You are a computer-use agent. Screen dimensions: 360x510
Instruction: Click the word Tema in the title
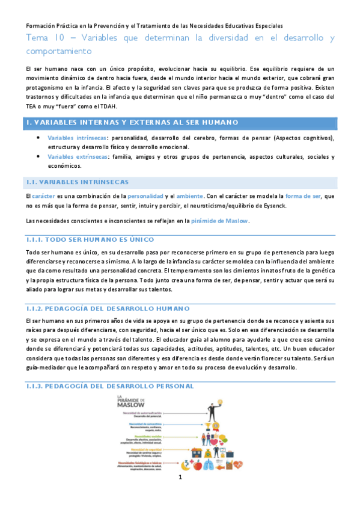(x=38, y=38)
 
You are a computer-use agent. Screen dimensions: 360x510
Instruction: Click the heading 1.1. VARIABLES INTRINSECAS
(x=77, y=182)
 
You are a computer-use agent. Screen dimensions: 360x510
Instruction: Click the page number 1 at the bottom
(x=179, y=494)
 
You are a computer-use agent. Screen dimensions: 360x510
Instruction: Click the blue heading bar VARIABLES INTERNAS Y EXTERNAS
(x=180, y=123)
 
